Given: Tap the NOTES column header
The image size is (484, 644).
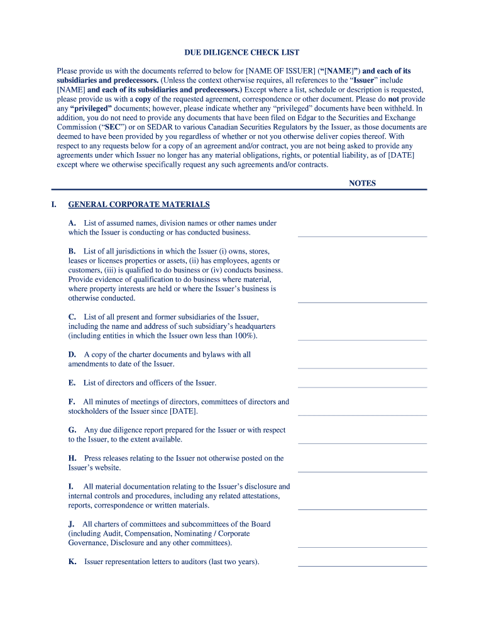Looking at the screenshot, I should pos(362,184).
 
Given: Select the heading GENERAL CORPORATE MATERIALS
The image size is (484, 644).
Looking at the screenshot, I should pos(139,204).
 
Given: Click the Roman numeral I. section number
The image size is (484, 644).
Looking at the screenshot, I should pos(54,204).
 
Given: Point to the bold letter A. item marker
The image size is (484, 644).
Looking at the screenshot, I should pos(72,223).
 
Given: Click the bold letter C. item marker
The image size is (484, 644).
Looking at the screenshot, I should pos(72,317).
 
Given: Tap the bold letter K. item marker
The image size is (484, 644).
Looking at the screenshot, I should pos(72,562).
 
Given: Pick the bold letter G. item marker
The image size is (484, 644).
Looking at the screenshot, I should pos(73,430).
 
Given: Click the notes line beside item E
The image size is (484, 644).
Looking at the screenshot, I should pos(362,386).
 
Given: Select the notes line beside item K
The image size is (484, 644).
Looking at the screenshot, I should pos(362,565).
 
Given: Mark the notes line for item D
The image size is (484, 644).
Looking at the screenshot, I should pos(362,367).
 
